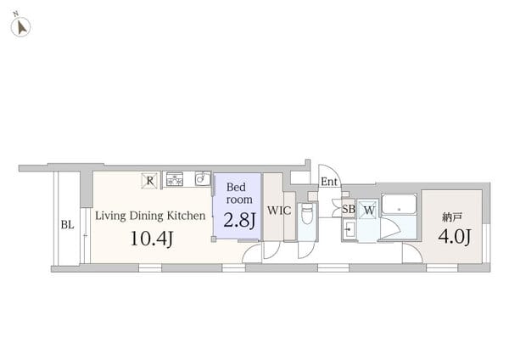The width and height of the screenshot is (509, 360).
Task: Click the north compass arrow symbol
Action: [x=22, y=27]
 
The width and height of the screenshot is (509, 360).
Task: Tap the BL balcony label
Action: [x=67, y=225]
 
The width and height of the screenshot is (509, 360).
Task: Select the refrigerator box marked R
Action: [x=149, y=181]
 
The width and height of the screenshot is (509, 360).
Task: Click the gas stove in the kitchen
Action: [x=174, y=179]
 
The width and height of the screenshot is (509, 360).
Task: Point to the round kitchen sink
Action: [x=203, y=178]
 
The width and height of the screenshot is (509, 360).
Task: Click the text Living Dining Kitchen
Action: [x=150, y=216]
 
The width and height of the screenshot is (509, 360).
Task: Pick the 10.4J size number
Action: [x=152, y=239]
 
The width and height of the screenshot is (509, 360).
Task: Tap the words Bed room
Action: [x=239, y=194]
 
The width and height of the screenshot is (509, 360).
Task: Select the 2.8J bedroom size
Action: [x=239, y=220]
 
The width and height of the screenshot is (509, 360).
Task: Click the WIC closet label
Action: [x=279, y=211]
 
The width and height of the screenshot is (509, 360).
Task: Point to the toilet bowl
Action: [x=307, y=214]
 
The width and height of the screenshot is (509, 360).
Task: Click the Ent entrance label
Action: [x=329, y=182]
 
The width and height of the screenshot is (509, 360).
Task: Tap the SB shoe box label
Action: [x=349, y=209]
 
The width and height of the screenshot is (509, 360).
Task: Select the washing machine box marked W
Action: [x=368, y=211]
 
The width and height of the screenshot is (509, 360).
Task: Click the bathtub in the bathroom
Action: [x=399, y=204]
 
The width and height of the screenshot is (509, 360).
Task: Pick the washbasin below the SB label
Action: [x=350, y=230]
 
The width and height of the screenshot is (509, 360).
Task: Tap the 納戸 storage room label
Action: [x=451, y=217]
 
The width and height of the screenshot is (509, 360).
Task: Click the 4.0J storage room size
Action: [x=454, y=236]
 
